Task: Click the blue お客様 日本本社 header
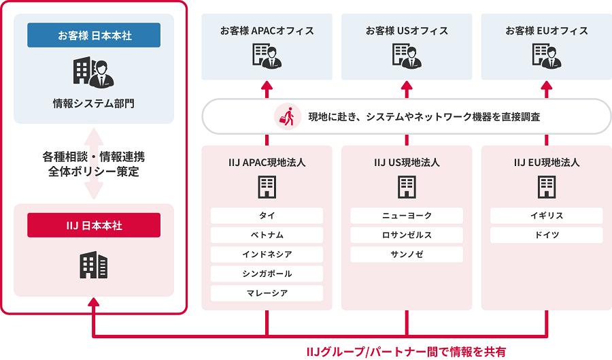click(x=94, y=35)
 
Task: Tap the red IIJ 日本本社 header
click(x=94, y=225)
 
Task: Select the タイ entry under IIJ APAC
click(x=267, y=216)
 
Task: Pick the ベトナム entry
click(x=267, y=235)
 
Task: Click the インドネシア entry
click(x=267, y=255)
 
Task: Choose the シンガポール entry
click(x=267, y=274)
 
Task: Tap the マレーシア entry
click(x=267, y=293)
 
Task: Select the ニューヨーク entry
click(x=407, y=216)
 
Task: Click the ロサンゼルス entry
click(x=407, y=235)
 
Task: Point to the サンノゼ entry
click(x=407, y=255)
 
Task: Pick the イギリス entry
click(x=547, y=216)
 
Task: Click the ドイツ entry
click(x=547, y=235)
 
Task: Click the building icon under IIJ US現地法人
click(x=407, y=186)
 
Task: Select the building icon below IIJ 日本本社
click(x=94, y=264)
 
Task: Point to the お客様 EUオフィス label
click(x=547, y=31)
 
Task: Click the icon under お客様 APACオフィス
click(x=267, y=56)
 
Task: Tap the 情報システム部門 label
click(x=94, y=103)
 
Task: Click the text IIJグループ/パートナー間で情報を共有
click(x=406, y=351)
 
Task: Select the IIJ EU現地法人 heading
click(x=547, y=163)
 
